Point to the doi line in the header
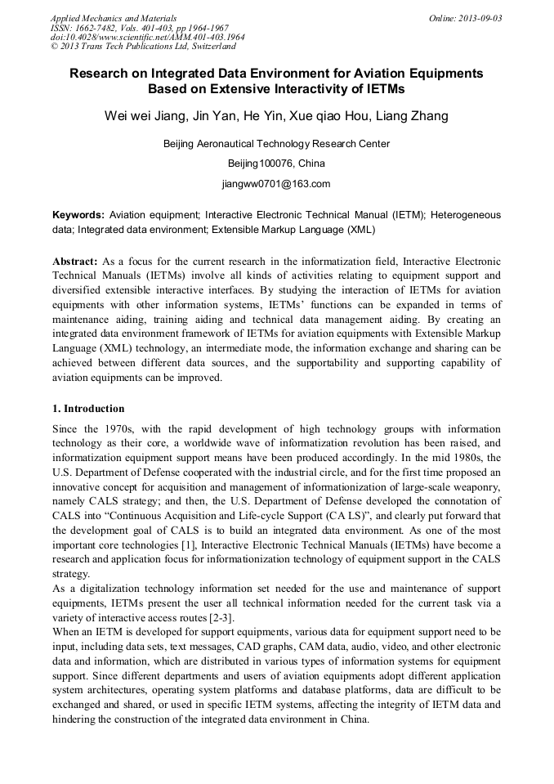click(x=147, y=37)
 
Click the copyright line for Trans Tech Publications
click(x=143, y=47)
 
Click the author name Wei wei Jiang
click(x=143, y=116)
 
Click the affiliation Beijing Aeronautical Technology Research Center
click(x=276, y=144)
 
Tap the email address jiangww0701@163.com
click(x=276, y=183)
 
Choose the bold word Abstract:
click(x=75, y=260)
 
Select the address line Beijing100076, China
click(x=276, y=164)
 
